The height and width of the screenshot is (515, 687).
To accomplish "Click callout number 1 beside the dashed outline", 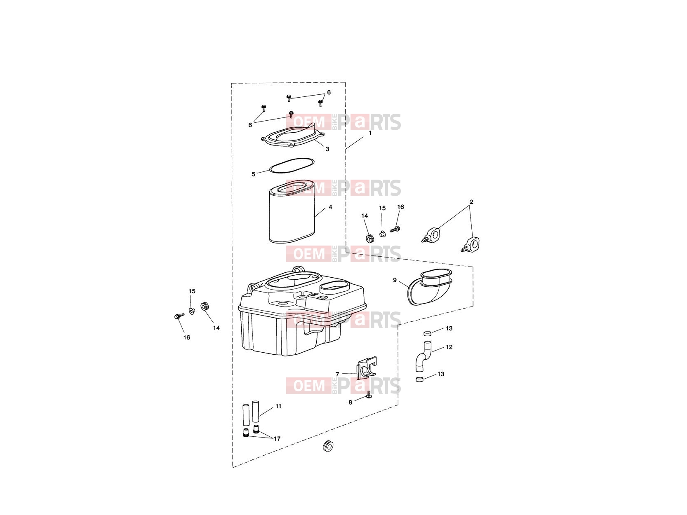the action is point(370,133).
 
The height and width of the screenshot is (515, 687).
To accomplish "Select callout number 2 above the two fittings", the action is point(471,202).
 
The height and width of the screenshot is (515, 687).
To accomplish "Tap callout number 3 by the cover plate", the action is point(327,149).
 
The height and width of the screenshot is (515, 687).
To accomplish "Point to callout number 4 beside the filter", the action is point(331,207).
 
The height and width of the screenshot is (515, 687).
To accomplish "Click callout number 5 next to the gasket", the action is point(253,174).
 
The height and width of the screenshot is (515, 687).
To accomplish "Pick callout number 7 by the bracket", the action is point(337,374).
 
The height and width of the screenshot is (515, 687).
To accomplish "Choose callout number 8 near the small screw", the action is point(350,403).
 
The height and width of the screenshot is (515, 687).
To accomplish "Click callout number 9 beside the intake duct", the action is point(395,280).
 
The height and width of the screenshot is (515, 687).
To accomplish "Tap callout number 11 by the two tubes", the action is point(278,406).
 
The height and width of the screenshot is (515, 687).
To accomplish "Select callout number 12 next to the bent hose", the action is point(449,347).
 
